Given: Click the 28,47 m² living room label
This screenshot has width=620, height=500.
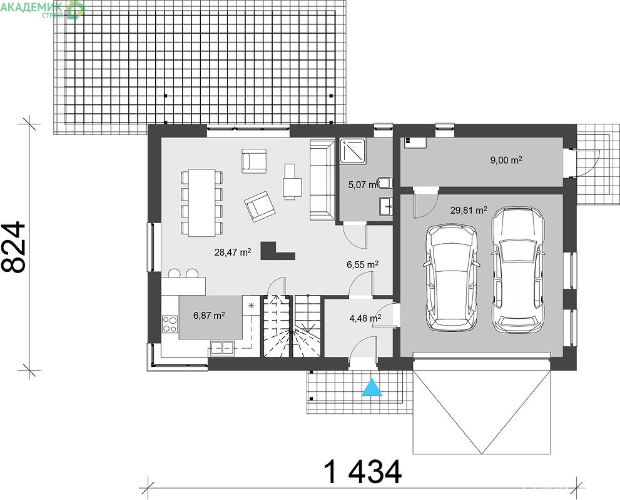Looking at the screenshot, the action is (x=233, y=252).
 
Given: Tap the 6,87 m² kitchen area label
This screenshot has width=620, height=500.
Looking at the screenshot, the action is (x=209, y=315).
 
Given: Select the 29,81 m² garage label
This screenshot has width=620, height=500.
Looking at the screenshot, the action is (x=469, y=210).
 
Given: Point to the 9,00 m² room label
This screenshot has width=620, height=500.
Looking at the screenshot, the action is (x=506, y=160).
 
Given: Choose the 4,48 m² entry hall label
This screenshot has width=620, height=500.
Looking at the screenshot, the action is (x=365, y=318).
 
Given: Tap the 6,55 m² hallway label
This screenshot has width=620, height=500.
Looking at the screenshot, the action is (x=363, y=264).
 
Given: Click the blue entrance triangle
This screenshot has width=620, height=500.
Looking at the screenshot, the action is (x=372, y=387).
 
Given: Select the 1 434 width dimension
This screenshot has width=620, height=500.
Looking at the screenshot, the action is (x=363, y=471).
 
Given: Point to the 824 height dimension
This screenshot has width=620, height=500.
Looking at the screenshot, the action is (x=14, y=247).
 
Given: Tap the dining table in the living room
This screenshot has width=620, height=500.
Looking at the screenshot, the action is (x=201, y=202).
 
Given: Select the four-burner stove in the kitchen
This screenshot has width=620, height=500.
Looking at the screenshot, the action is (x=170, y=324).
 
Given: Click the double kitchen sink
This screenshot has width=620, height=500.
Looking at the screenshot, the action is (x=222, y=348).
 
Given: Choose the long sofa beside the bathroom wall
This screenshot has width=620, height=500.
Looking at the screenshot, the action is (x=322, y=180).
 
